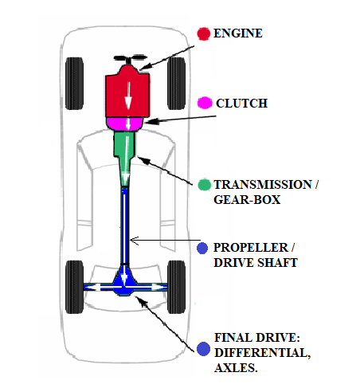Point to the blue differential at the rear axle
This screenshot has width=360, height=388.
[x=126, y=283]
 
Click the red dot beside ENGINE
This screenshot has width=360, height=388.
[x=204, y=33]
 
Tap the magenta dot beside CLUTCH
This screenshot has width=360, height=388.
[x=204, y=104]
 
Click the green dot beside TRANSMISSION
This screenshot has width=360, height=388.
[x=204, y=185]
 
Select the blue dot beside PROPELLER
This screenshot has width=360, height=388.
[x=204, y=247]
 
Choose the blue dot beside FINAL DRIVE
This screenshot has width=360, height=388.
[x=204, y=348]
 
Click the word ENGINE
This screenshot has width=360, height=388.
[x=240, y=33]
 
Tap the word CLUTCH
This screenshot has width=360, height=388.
[x=242, y=104]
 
